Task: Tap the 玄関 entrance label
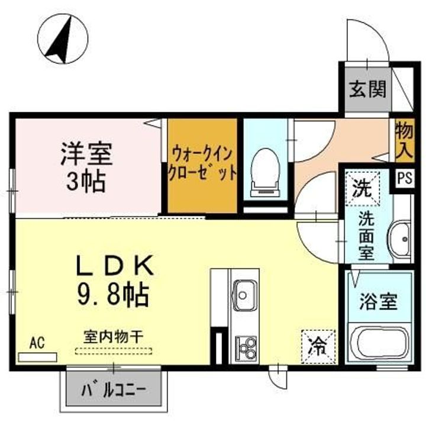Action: (367, 89)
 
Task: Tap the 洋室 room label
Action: (86, 156)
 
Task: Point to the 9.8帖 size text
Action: (115, 293)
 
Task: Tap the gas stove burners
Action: (245, 346)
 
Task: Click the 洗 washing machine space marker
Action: (360, 189)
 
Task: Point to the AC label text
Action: (37, 343)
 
